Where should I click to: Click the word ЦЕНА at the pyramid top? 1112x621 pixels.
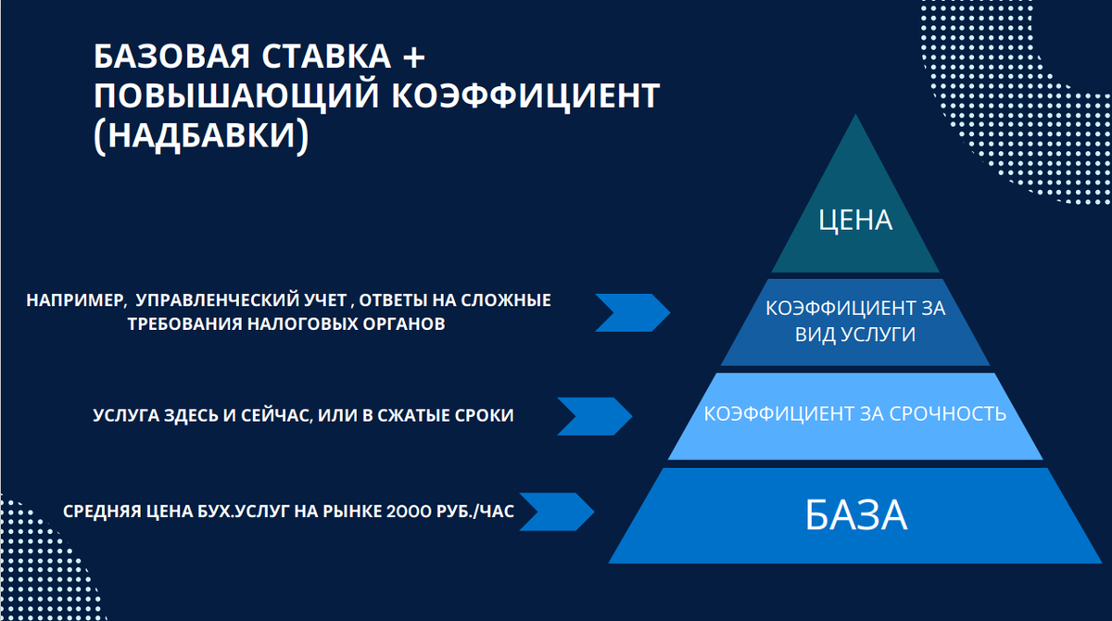tap(855, 220)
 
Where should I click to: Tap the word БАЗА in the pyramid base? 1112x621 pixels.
tap(855, 515)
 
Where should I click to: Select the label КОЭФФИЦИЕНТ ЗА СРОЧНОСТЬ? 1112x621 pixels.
tap(855, 413)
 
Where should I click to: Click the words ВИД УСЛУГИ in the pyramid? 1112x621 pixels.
tap(855, 335)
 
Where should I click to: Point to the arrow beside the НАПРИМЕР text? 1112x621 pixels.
tap(632, 311)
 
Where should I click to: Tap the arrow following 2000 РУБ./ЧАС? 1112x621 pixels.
tap(557, 512)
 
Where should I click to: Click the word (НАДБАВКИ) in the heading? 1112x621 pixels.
tap(200, 134)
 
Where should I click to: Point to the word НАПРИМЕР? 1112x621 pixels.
tap(71, 300)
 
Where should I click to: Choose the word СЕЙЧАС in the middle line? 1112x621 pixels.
tap(271, 416)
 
